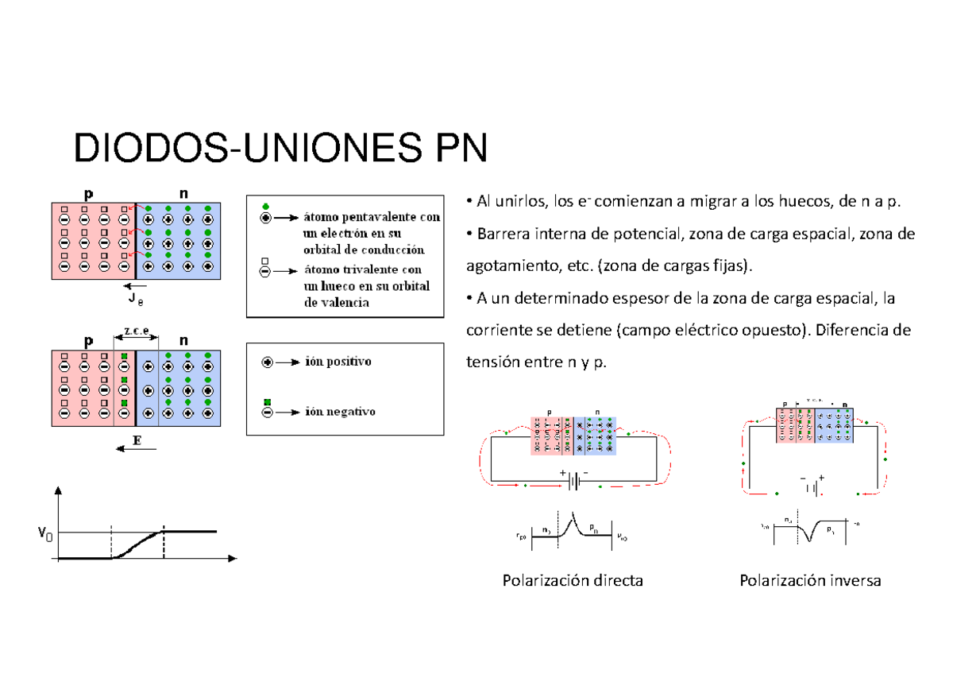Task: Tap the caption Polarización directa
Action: coord(573,581)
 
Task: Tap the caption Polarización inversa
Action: coord(810,581)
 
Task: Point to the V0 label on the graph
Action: coord(45,533)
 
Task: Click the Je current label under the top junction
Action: coord(135,300)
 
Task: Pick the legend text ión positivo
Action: coord(337,361)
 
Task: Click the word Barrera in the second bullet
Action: coord(500,234)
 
